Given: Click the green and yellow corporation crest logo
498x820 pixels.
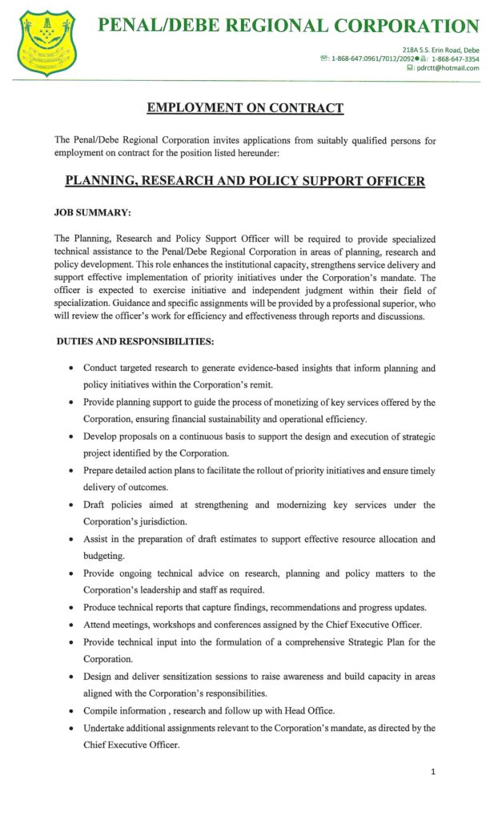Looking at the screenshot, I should click(47, 38).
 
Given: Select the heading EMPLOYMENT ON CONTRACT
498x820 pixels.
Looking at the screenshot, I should click(245, 108).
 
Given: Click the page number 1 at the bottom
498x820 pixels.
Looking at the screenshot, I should click(433, 772).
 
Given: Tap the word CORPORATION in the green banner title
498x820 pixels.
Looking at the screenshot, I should click(408, 26).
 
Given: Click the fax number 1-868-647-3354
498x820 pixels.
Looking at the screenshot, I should click(456, 59).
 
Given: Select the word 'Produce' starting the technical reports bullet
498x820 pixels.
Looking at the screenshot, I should click(102, 607).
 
